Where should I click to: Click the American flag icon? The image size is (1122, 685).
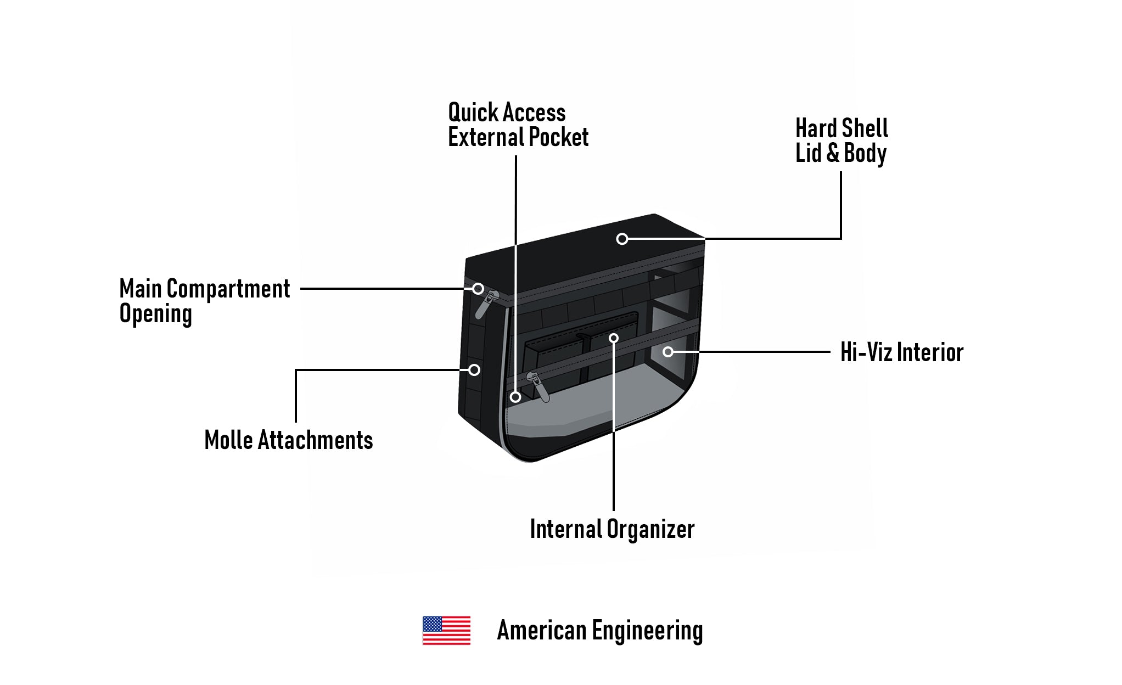pyautogui.click(x=446, y=630)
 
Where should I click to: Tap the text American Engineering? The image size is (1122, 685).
pyautogui.click(x=599, y=631)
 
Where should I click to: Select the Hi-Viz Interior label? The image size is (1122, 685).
pyautogui.click(x=901, y=352)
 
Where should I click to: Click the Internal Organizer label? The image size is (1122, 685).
pyautogui.click(x=612, y=529)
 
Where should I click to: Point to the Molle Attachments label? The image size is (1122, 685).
pyautogui.click(x=288, y=440)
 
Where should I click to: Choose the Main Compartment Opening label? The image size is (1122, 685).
pyautogui.click(x=204, y=301)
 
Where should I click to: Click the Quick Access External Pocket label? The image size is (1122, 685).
pyautogui.click(x=518, y=125)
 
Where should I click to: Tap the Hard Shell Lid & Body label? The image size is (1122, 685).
pyautogui.click(x=841, y=141)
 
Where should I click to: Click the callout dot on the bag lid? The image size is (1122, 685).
pyautogui.click(x=622, y=239)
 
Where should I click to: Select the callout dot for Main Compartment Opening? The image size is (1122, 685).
pyautogui.click(x=478, y=289)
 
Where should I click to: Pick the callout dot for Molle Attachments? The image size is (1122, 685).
pyautogui.click(x=474, y=370)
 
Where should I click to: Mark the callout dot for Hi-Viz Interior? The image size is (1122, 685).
pyautogui.click(x=668, y=352)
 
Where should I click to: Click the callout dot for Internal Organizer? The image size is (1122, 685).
pyautogui.click(x=614, y=338)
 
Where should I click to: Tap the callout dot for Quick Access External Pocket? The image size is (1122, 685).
pyautogui.click(x=515, y=397)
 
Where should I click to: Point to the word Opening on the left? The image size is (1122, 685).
pyautogui.click(x=156, y=314)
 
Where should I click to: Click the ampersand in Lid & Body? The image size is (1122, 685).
pyautogui.click(x=833, y=153)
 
